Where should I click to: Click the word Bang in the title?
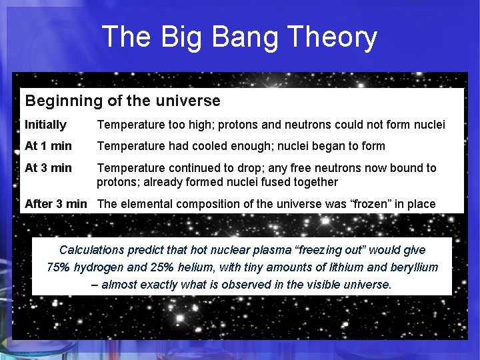(245, 37)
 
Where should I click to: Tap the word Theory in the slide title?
(332, 37)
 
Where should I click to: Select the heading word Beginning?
(64, 101)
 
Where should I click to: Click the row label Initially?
(45, 125)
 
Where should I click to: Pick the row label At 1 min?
(48, 146)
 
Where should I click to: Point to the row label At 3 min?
(48, 168)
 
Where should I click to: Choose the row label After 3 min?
(56, 204)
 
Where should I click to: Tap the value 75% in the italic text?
(59, 267)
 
